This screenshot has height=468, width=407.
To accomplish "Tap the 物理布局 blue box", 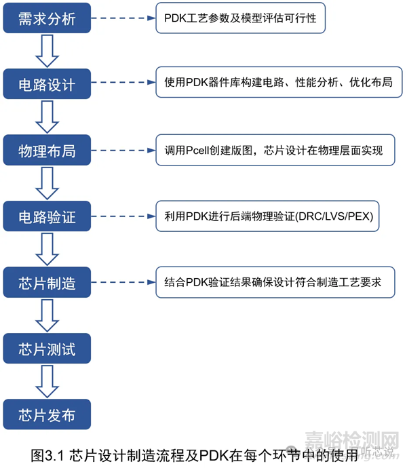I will pos(46,151).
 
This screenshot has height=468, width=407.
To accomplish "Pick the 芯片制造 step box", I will pos(46,283).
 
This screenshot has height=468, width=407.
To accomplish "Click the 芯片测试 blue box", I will pos(46,349).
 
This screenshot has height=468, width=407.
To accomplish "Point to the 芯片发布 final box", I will pos(46,415).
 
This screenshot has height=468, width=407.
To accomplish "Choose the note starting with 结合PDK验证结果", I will pos(278,283).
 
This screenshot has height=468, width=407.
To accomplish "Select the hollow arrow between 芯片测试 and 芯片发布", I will pos(46,382).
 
